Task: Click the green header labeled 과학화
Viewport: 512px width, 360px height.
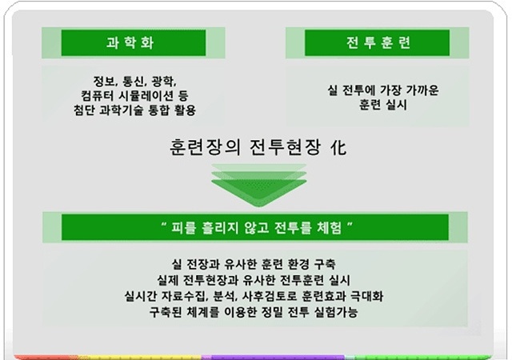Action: (x=134, y=42)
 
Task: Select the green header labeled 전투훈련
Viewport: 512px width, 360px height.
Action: (x=377, y=42)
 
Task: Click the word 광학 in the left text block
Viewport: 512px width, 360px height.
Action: (x=164, y=81)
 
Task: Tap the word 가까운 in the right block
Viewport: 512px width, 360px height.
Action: (x=422, y=90)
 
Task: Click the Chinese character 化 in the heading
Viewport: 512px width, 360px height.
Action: (x=338, y=147)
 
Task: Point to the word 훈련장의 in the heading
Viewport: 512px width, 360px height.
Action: (x=205, y=147)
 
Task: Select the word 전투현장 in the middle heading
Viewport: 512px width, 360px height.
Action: (x=285, y=147)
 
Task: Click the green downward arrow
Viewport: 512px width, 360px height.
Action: (x=259, y=186)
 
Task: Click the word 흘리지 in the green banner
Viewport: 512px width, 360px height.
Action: (x=220, y=227)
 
